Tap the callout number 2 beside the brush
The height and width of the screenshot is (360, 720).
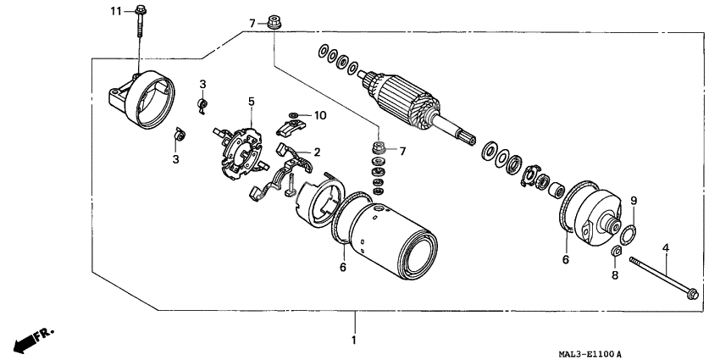pyautogui.click(x=317, y=152)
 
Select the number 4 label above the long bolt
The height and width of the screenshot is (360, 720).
pyautogui.click(x=666, y=247)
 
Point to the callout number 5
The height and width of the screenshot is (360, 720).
pyautogui.click(x=252, y=102)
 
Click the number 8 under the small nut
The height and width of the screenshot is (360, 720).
pyautogui.click(x=616, y=275)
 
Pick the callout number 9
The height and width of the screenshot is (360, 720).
pyautogui.click(x=633, y=201)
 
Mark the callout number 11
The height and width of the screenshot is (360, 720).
pyautogui.click(x=116, y=10)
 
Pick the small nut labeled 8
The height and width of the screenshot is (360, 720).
pyautogui.click(x=617, y=252)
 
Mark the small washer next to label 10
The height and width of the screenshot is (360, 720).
pyautogui.click(x=293, y=114)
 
